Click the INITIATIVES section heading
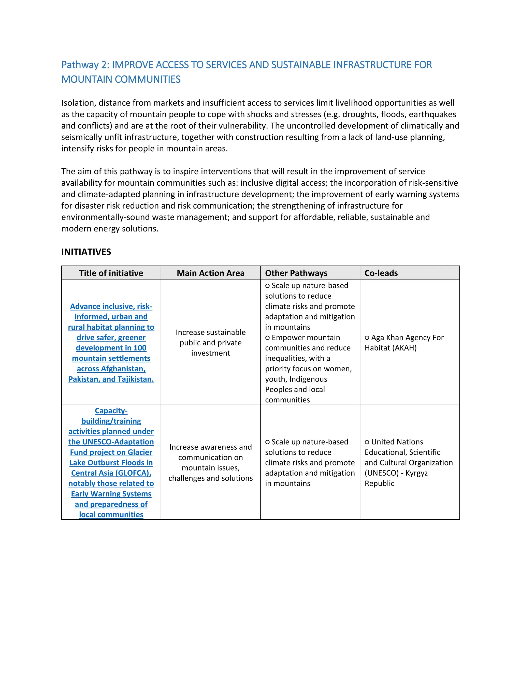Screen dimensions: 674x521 [x=86, y=252]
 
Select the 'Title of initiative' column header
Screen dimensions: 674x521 [x=111, y=273]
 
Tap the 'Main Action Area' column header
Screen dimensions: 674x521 [x=210, y=273]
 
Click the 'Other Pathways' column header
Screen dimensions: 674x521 [x=296, y=273]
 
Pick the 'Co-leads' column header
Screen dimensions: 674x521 [x=381, y=273]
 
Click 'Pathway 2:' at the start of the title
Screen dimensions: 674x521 [x=85, y=65]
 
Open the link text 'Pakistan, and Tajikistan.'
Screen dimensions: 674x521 [x=111, y=379]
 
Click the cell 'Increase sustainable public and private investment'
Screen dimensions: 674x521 [x=210, y=343]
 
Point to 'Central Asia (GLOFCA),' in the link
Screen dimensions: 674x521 [x=111, y=473]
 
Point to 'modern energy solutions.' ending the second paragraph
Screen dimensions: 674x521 [x=110, y=229]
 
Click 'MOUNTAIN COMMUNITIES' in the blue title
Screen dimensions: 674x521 [x=121, y=79]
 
